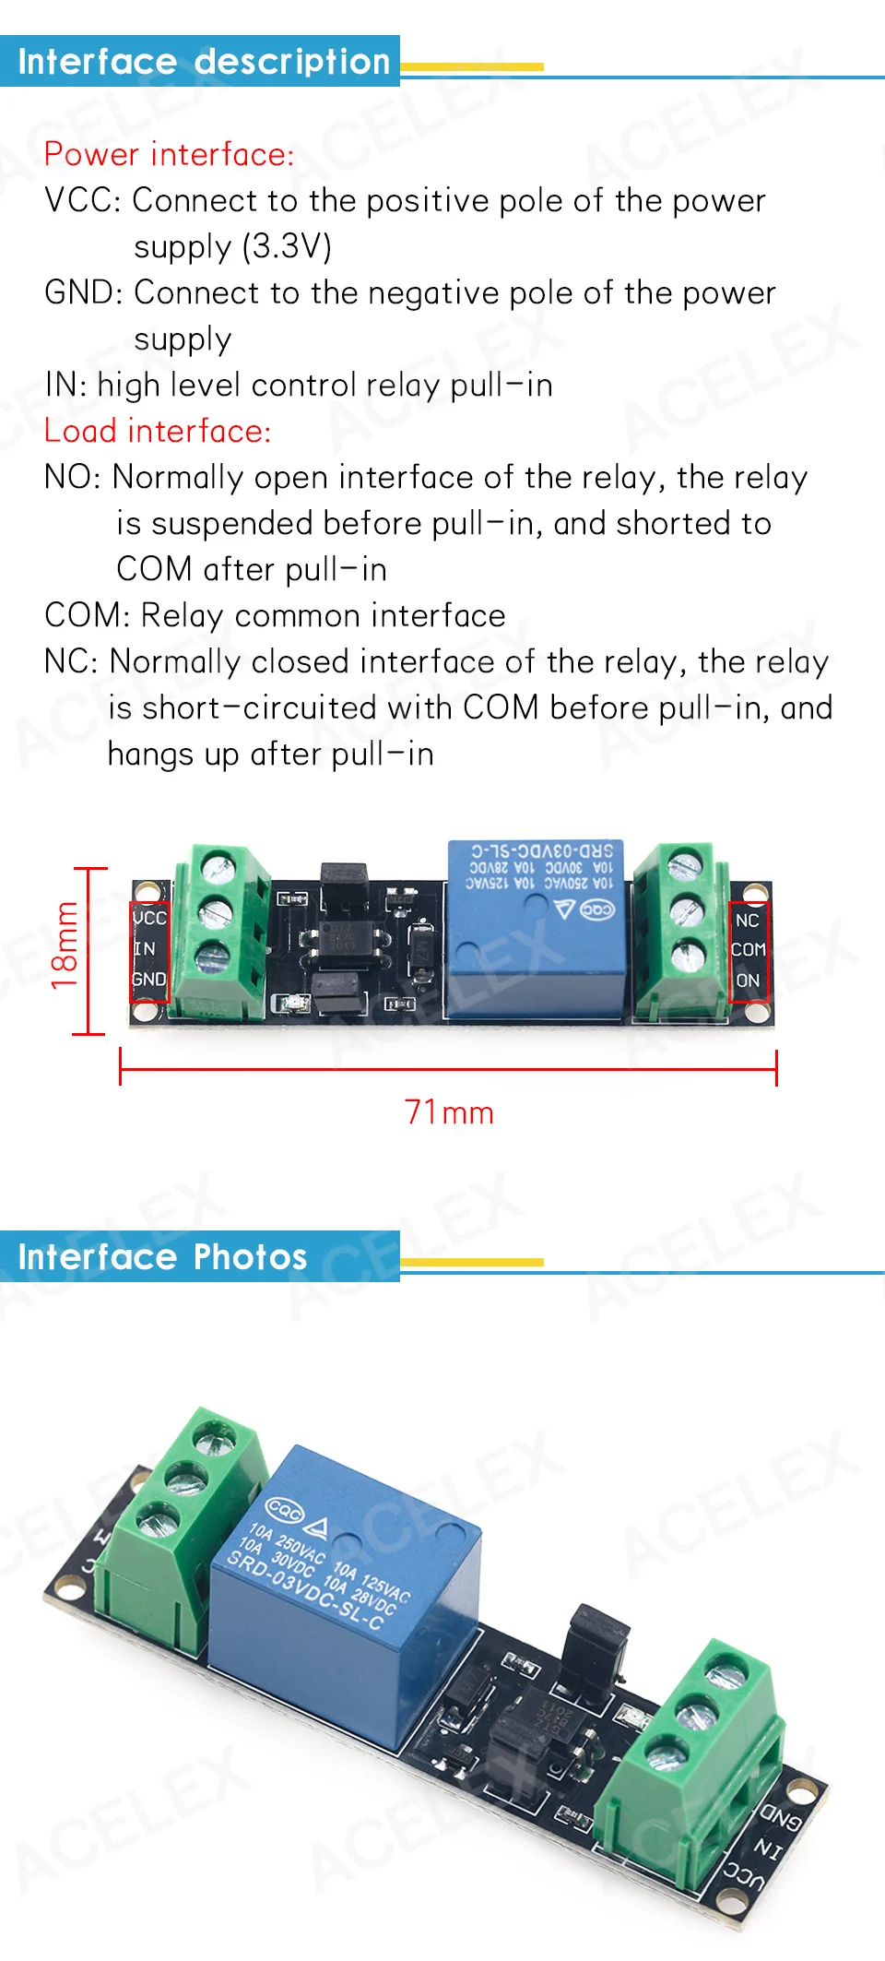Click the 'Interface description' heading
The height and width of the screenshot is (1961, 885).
204,62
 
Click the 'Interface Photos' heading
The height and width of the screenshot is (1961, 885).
162,1257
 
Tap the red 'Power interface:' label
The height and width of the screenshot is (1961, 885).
169,154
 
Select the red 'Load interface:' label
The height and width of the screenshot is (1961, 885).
158,431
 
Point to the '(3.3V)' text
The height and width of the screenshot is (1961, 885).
287,246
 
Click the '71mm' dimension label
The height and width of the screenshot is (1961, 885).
449,1112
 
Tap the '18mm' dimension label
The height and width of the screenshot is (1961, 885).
65,946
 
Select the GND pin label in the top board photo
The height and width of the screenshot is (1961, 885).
149,979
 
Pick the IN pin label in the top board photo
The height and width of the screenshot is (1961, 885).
145,948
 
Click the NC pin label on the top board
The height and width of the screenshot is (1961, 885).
747,921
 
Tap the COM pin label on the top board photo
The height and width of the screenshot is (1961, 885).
748,949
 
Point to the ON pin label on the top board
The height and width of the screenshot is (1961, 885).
748,980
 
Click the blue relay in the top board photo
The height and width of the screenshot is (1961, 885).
535,932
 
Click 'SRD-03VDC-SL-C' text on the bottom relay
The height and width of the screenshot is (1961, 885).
304,1591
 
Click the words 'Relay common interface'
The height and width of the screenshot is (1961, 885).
324,615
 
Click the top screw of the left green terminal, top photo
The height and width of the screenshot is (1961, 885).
218,867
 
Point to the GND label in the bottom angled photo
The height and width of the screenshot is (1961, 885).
780,1818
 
